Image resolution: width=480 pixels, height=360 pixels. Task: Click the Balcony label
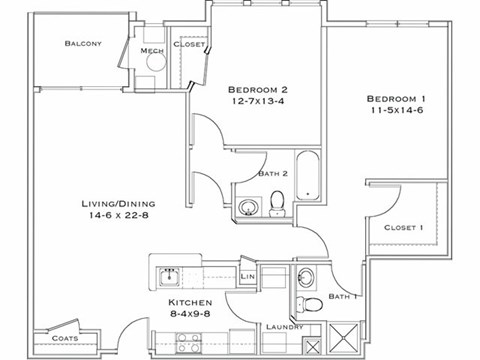[x=83, y=43]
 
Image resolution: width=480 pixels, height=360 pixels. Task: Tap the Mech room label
[x=152, y=51]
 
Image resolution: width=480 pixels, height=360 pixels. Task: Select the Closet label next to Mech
[x=189, y=45]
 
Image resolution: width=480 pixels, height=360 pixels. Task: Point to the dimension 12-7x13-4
[x=256, y=101]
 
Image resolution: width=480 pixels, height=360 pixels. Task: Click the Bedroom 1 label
[x=396, y=98]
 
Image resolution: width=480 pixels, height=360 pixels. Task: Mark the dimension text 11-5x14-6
[x=396, y=113]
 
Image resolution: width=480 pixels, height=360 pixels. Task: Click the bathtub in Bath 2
[x=307, y=174]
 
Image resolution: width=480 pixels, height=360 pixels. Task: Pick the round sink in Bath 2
[x=248, y=207]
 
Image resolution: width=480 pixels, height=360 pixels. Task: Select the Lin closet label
[x=248, y=276]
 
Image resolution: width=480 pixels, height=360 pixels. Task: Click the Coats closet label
[x=66, y=338]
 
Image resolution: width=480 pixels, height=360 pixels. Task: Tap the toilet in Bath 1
[x=313, y=305]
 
